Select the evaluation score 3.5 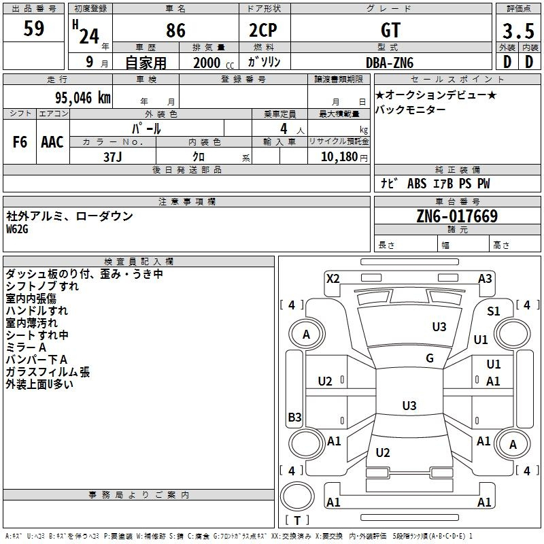(517, 31)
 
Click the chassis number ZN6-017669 (457, 217)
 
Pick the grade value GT (390, 31)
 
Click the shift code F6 (20, 142)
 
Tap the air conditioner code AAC (52, 142)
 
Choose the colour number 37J (113, 156)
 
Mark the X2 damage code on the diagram (333, 278)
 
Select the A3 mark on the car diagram (485, 278)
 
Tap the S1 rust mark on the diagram (494, 311)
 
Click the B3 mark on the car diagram (294, 418)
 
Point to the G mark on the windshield (430, 358)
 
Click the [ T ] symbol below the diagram (297, 520)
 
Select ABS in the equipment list (416, 184)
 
